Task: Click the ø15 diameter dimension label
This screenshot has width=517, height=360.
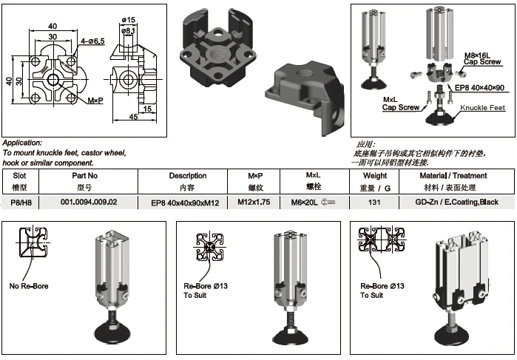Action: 128,20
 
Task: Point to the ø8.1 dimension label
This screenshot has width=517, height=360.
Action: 128,30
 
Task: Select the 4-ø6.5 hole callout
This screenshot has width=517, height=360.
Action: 92,41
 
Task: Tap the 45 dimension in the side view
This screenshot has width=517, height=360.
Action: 134,117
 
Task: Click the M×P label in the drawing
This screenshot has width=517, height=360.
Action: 95,101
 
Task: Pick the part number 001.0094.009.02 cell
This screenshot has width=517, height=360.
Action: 89,202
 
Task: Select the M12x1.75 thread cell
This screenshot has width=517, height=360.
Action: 254,202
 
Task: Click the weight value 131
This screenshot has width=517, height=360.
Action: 374,202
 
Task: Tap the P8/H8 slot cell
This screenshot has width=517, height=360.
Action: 21,202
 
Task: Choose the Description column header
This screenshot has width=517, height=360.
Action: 188,176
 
